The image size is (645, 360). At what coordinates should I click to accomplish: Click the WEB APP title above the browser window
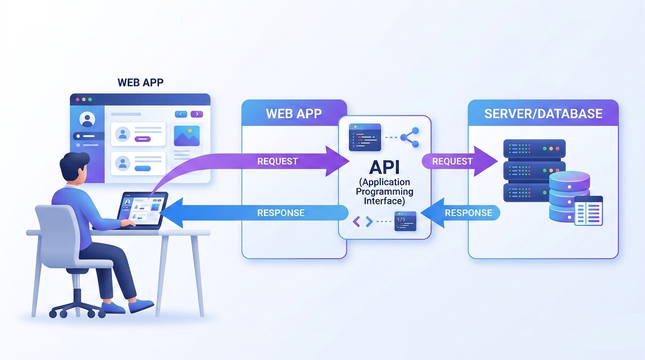pos(141,82)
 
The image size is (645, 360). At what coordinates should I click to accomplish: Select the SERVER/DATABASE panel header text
pos(543,113)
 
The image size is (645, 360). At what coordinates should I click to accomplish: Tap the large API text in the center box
pos(384,168)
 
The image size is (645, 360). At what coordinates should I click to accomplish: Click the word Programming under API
pos(384,191)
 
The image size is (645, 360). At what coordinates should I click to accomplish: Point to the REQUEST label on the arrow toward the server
pos(452,161)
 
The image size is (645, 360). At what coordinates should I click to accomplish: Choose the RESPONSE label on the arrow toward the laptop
pos(281,213)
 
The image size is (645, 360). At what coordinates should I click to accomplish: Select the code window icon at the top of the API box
pos(365,137)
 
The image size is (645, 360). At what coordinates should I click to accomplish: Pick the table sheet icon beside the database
pos(588,211)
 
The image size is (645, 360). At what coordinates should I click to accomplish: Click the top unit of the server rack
pos(534,149)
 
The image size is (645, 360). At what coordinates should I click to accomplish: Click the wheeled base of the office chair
pos(77,307)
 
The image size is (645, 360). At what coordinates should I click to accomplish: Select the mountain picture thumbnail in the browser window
pos(187,136)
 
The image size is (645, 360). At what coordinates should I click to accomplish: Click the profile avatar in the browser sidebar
pos(87,120)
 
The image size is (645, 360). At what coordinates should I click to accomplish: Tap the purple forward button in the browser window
pos(197,114)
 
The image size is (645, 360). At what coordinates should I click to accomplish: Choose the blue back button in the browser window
pos(180,114)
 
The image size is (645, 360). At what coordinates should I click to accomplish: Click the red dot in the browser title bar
pos(78,99)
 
